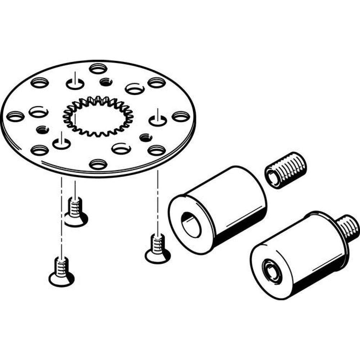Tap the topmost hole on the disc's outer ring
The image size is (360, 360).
tap(97, 68)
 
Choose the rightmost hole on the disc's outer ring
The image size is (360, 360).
tap(180, 116)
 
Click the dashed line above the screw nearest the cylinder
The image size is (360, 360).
tap(157, 202)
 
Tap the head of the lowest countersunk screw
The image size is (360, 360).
tap(61, 279)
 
